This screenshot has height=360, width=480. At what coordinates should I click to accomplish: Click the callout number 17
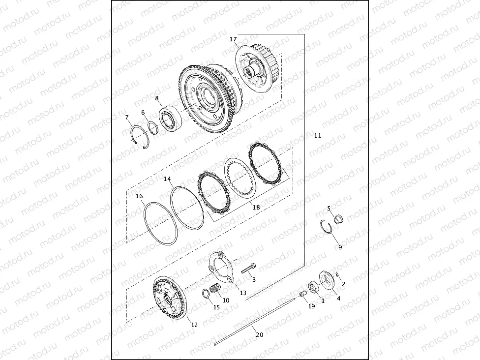(x=233, y=39)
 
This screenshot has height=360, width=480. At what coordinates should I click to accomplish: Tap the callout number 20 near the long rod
(x=260, y=334)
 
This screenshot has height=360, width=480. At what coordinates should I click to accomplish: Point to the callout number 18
(x=256, y=208)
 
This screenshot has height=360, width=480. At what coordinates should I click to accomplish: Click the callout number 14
(x=168, y=180)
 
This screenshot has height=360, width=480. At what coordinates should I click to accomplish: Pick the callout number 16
(x=139, y=196)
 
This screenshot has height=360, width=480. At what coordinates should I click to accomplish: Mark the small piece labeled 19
(x=303, y=294)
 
